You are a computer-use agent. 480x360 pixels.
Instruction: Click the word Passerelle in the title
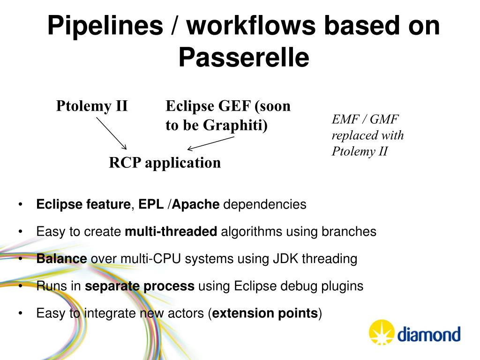tap(244, 58)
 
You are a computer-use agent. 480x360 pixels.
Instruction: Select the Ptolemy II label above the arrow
tap(92, 106)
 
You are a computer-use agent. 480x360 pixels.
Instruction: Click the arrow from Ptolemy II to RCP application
tap(112, 133)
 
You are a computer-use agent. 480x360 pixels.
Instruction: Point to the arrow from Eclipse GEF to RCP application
tap(210, 143)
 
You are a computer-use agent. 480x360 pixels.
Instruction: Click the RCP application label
tap(165, 163)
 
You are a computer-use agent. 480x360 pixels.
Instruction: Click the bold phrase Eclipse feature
tap(83, 204)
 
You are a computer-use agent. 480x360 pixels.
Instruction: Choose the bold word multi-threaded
tap(171, 232)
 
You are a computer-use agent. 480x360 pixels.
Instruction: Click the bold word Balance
tap(61, 259)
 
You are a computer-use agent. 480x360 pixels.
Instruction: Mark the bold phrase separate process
tap(140, 286)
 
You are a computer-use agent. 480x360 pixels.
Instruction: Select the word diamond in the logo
tap(429, 335)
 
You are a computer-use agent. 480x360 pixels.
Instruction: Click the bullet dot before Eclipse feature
tap(21, 205)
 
